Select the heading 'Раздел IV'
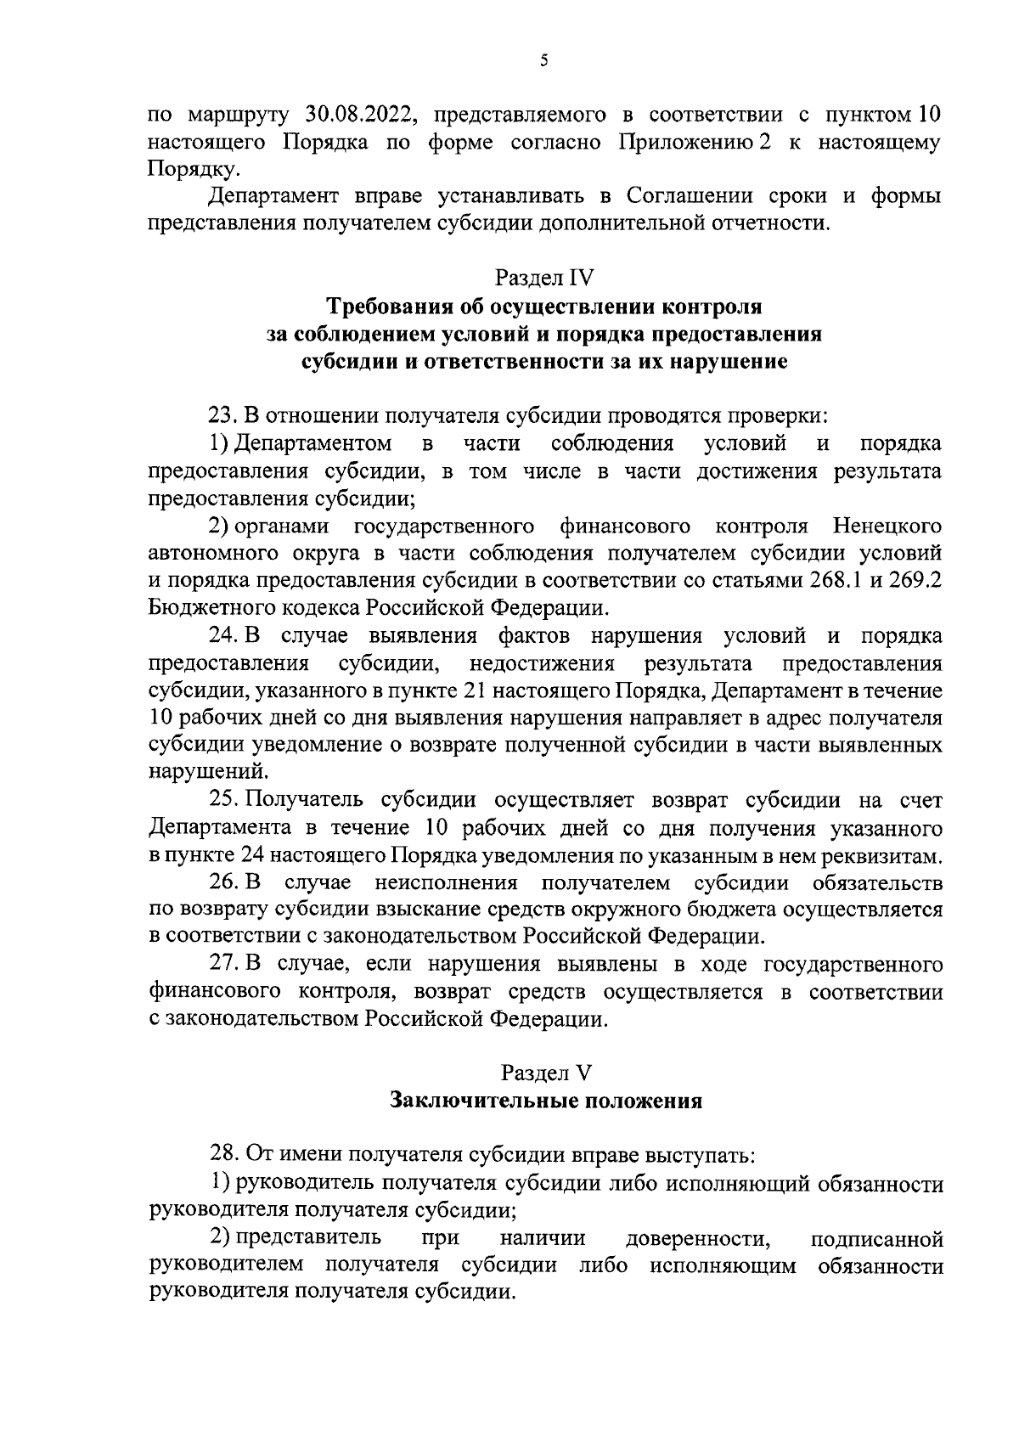coord(544,278)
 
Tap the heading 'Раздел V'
coord(544,1073)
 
